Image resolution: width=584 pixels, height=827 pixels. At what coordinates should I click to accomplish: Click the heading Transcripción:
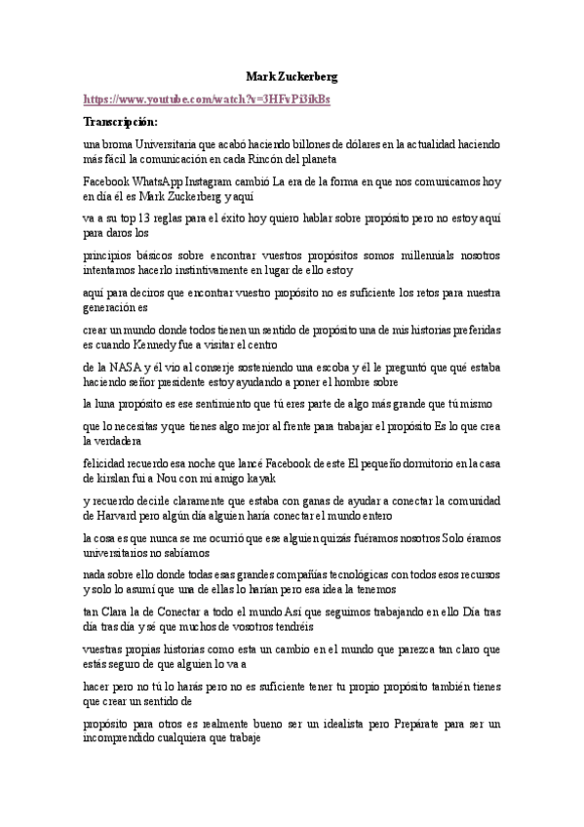tap(120, 122)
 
